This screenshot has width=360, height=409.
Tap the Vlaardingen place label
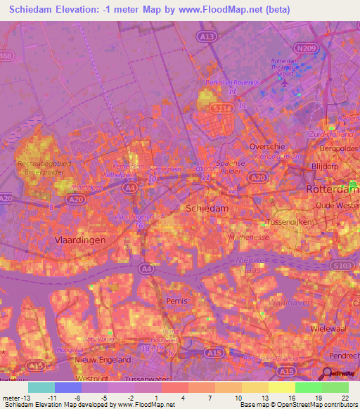pyautogui.click(x=79, y=240)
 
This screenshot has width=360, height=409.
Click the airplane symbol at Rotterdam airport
pyautogui.click(x=285, y=84)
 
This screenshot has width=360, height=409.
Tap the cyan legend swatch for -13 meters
pyautogui.click(x=41, y=387)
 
